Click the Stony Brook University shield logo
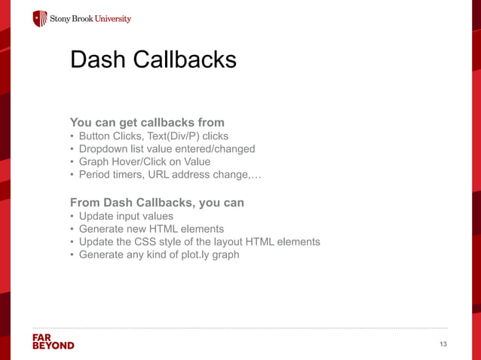pyautogui.click(x=40, y=18)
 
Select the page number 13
pyautogui.click(x=443, y=344)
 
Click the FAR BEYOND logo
pyautogui.click(x=53, y=341)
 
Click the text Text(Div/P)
pyautogui.click(x=171, y=136)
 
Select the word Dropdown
pyautogui.click(x=104, y=149)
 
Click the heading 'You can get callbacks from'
pyautogui.click(x=147, y=122)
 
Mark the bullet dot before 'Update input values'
pyautogui.click(x=72, y=216)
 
